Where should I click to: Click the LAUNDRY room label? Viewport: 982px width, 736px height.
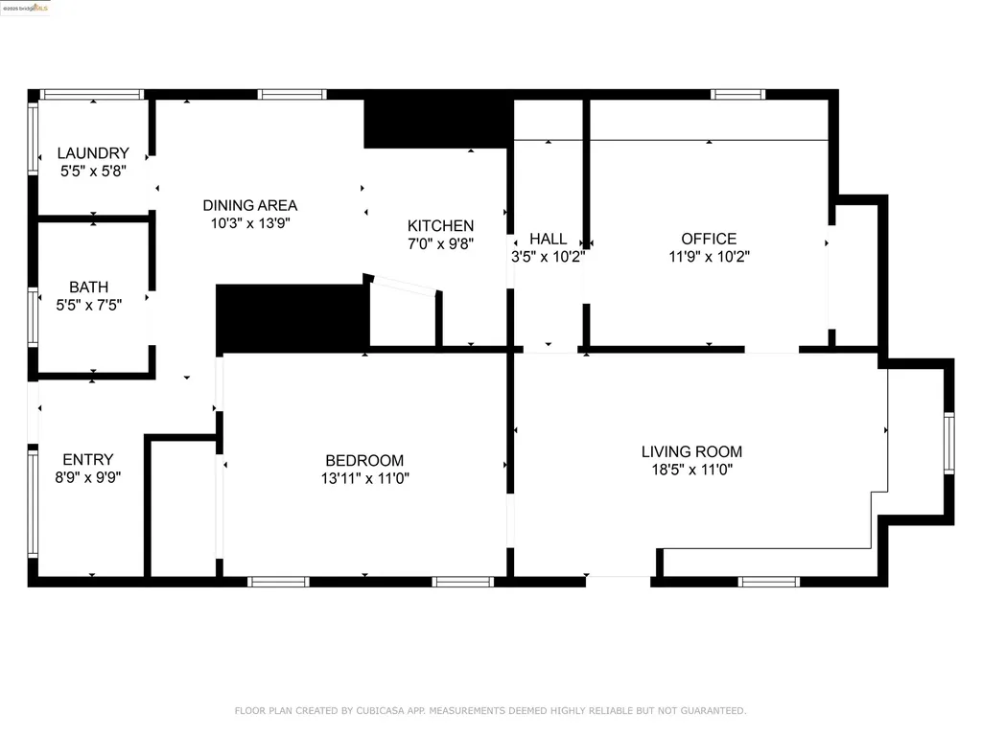click(x=93, y=153)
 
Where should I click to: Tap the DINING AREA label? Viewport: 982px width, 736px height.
click(x=249, y=205)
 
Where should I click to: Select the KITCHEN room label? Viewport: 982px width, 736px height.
click(x=440, y=226)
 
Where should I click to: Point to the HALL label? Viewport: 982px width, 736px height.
click(x=548, y=239)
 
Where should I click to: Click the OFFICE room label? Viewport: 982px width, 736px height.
click(x=709, y=239)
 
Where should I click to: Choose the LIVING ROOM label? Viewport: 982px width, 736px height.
click(x=691, y=451)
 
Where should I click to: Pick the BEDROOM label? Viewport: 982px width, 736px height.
click(x=364, y=460)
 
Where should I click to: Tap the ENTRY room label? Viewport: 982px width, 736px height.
click(x=88, y=459)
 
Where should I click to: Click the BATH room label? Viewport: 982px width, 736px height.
click(x=88, y=287)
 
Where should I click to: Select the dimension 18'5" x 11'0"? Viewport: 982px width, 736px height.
click(x=691, y=470)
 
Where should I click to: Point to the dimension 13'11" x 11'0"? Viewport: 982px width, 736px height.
click(x=364, y=477)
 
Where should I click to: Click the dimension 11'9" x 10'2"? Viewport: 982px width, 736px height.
click(x=709, y=256)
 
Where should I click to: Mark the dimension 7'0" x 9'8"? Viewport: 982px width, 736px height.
click(x=440, y=243)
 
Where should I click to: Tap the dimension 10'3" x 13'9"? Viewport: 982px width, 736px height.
click(x=249, y=222)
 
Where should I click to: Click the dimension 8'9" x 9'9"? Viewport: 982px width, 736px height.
click(x=88, y=476)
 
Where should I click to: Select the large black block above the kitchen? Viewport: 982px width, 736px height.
click(x=437, y=123)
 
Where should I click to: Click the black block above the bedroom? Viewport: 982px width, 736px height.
click(x=292, y=317)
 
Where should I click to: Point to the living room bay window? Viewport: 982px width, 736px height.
click(x=948, y=443)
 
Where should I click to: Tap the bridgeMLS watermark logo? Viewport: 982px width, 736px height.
click(x=26, y=8)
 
